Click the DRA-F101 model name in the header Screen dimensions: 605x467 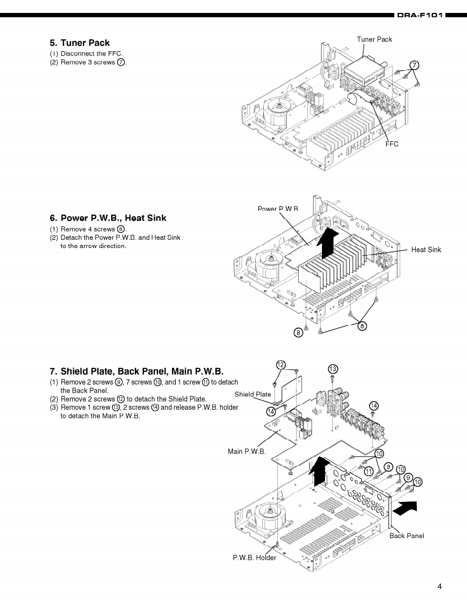coord(420,16)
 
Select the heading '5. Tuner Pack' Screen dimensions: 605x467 coord(79,43)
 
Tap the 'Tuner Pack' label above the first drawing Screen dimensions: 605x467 coord(374,39)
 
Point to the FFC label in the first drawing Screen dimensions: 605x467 coord(392,144)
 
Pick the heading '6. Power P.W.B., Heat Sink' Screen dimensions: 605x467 coord(108,218)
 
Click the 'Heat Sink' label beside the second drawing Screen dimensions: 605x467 coord(426,250)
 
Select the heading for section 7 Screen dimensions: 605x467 coord(136,372)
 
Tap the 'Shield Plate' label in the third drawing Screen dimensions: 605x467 coord(253,394)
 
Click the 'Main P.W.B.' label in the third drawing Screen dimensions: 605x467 coord(246,451)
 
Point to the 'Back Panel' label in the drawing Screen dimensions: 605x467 coord(407,535)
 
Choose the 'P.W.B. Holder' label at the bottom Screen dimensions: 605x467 coord(255,558)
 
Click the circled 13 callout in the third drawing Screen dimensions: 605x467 coord(333,369)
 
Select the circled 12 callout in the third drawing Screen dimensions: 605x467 coord(280,365)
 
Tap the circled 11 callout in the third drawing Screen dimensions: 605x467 coord(369,471)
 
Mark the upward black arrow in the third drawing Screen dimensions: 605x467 coord(319,470)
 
